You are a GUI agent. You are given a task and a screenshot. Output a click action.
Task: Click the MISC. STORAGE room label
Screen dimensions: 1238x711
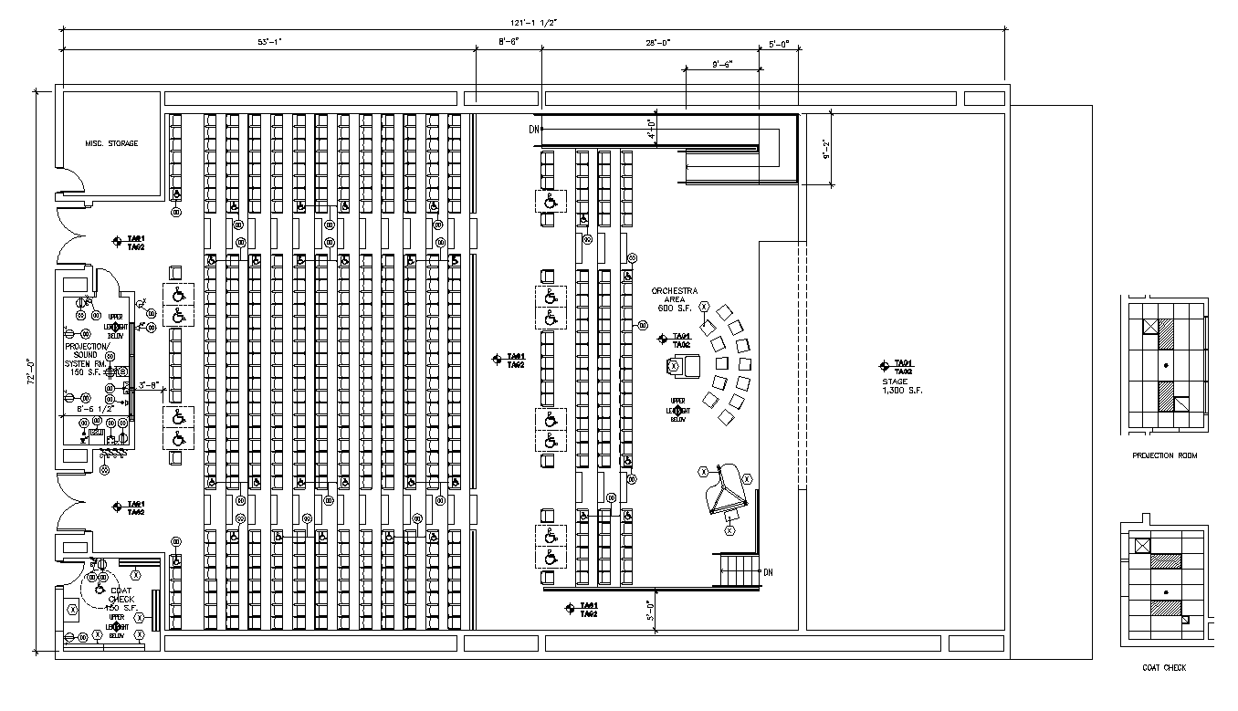pos(111,143)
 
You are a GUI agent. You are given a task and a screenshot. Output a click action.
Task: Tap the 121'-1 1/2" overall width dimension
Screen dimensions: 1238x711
pos(535,23)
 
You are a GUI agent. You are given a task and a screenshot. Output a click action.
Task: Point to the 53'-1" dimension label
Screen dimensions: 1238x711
pos(270,42)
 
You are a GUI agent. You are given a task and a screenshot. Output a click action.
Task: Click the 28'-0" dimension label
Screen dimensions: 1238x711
pos(658,42)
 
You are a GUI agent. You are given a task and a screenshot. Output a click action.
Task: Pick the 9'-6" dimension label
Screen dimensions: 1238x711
pos(721,65)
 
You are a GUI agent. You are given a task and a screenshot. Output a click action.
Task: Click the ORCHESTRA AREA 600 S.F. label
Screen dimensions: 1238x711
pos(674,298)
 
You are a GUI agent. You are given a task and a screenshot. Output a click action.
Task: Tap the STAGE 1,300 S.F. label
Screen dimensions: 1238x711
pos(901,385)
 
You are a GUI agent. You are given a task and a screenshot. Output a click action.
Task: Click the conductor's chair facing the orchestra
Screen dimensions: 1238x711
pos(686,366)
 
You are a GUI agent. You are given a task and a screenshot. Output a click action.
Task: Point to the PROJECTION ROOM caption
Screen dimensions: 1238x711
pos(1164,455)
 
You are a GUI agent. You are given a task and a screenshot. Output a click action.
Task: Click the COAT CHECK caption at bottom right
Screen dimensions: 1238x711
pos(1164,668)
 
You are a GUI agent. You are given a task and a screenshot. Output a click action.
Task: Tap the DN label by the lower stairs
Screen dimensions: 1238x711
pos(768,572)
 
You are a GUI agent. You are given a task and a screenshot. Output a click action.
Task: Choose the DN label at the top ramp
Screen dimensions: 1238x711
pos(534,130)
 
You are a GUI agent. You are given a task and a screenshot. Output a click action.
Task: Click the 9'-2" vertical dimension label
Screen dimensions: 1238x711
pos(824,148)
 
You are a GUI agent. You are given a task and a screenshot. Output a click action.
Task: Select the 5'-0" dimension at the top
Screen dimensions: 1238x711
pos(779,42)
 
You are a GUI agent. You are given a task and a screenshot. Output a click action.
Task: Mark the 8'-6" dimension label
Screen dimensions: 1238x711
pos(508,42)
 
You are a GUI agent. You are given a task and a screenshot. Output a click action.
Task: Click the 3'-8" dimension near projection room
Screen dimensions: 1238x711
pos(149,384)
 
